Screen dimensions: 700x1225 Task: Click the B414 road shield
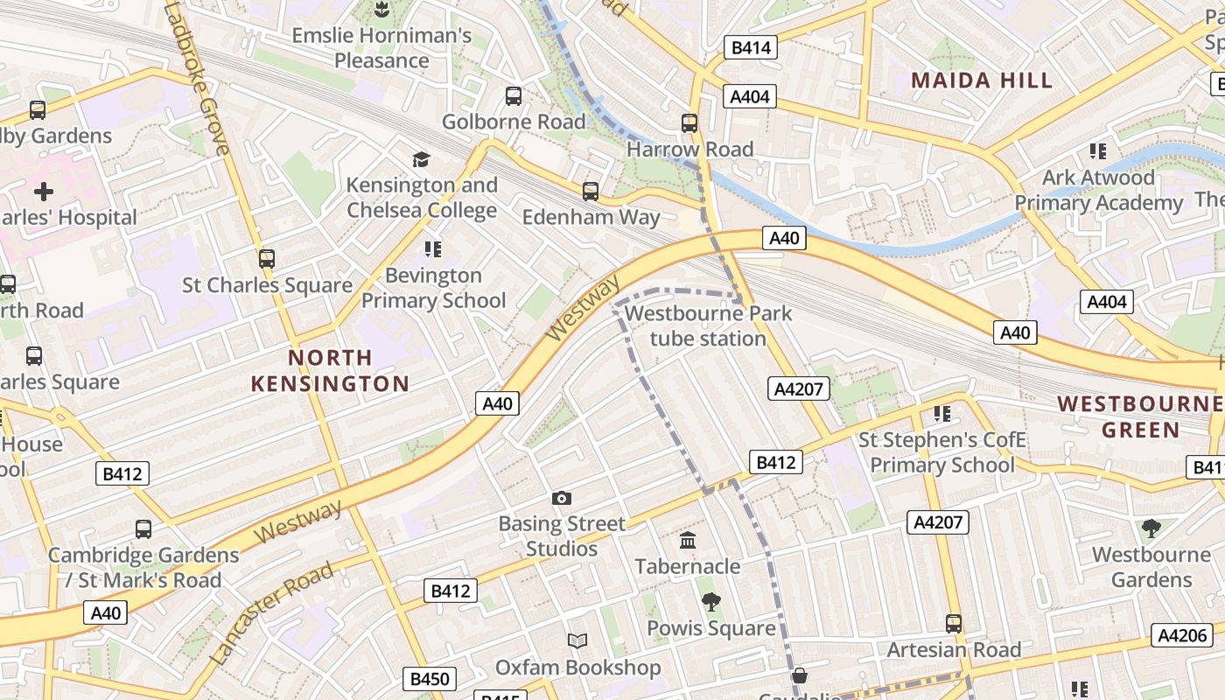751,47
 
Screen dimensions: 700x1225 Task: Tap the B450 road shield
430,678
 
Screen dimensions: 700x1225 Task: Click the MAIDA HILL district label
982,80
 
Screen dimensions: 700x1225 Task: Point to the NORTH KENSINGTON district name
330,370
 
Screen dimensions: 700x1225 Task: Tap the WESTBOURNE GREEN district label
1140,416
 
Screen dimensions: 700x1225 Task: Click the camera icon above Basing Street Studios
562,499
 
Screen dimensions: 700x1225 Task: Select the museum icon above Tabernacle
688,541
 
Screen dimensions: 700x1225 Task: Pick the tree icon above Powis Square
710,602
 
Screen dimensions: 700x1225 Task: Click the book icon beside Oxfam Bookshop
577,641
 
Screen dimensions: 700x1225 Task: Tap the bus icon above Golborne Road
514,95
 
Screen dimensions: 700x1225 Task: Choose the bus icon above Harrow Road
689,123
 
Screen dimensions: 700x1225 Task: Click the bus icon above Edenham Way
591,191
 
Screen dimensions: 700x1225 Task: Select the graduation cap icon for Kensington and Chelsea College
422,159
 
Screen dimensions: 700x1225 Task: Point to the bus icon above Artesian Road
954,624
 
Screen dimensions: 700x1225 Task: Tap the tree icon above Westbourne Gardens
1151,528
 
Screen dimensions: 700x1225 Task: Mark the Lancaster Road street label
273,612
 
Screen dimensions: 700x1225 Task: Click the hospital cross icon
44,192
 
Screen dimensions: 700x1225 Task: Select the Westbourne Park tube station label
709,325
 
